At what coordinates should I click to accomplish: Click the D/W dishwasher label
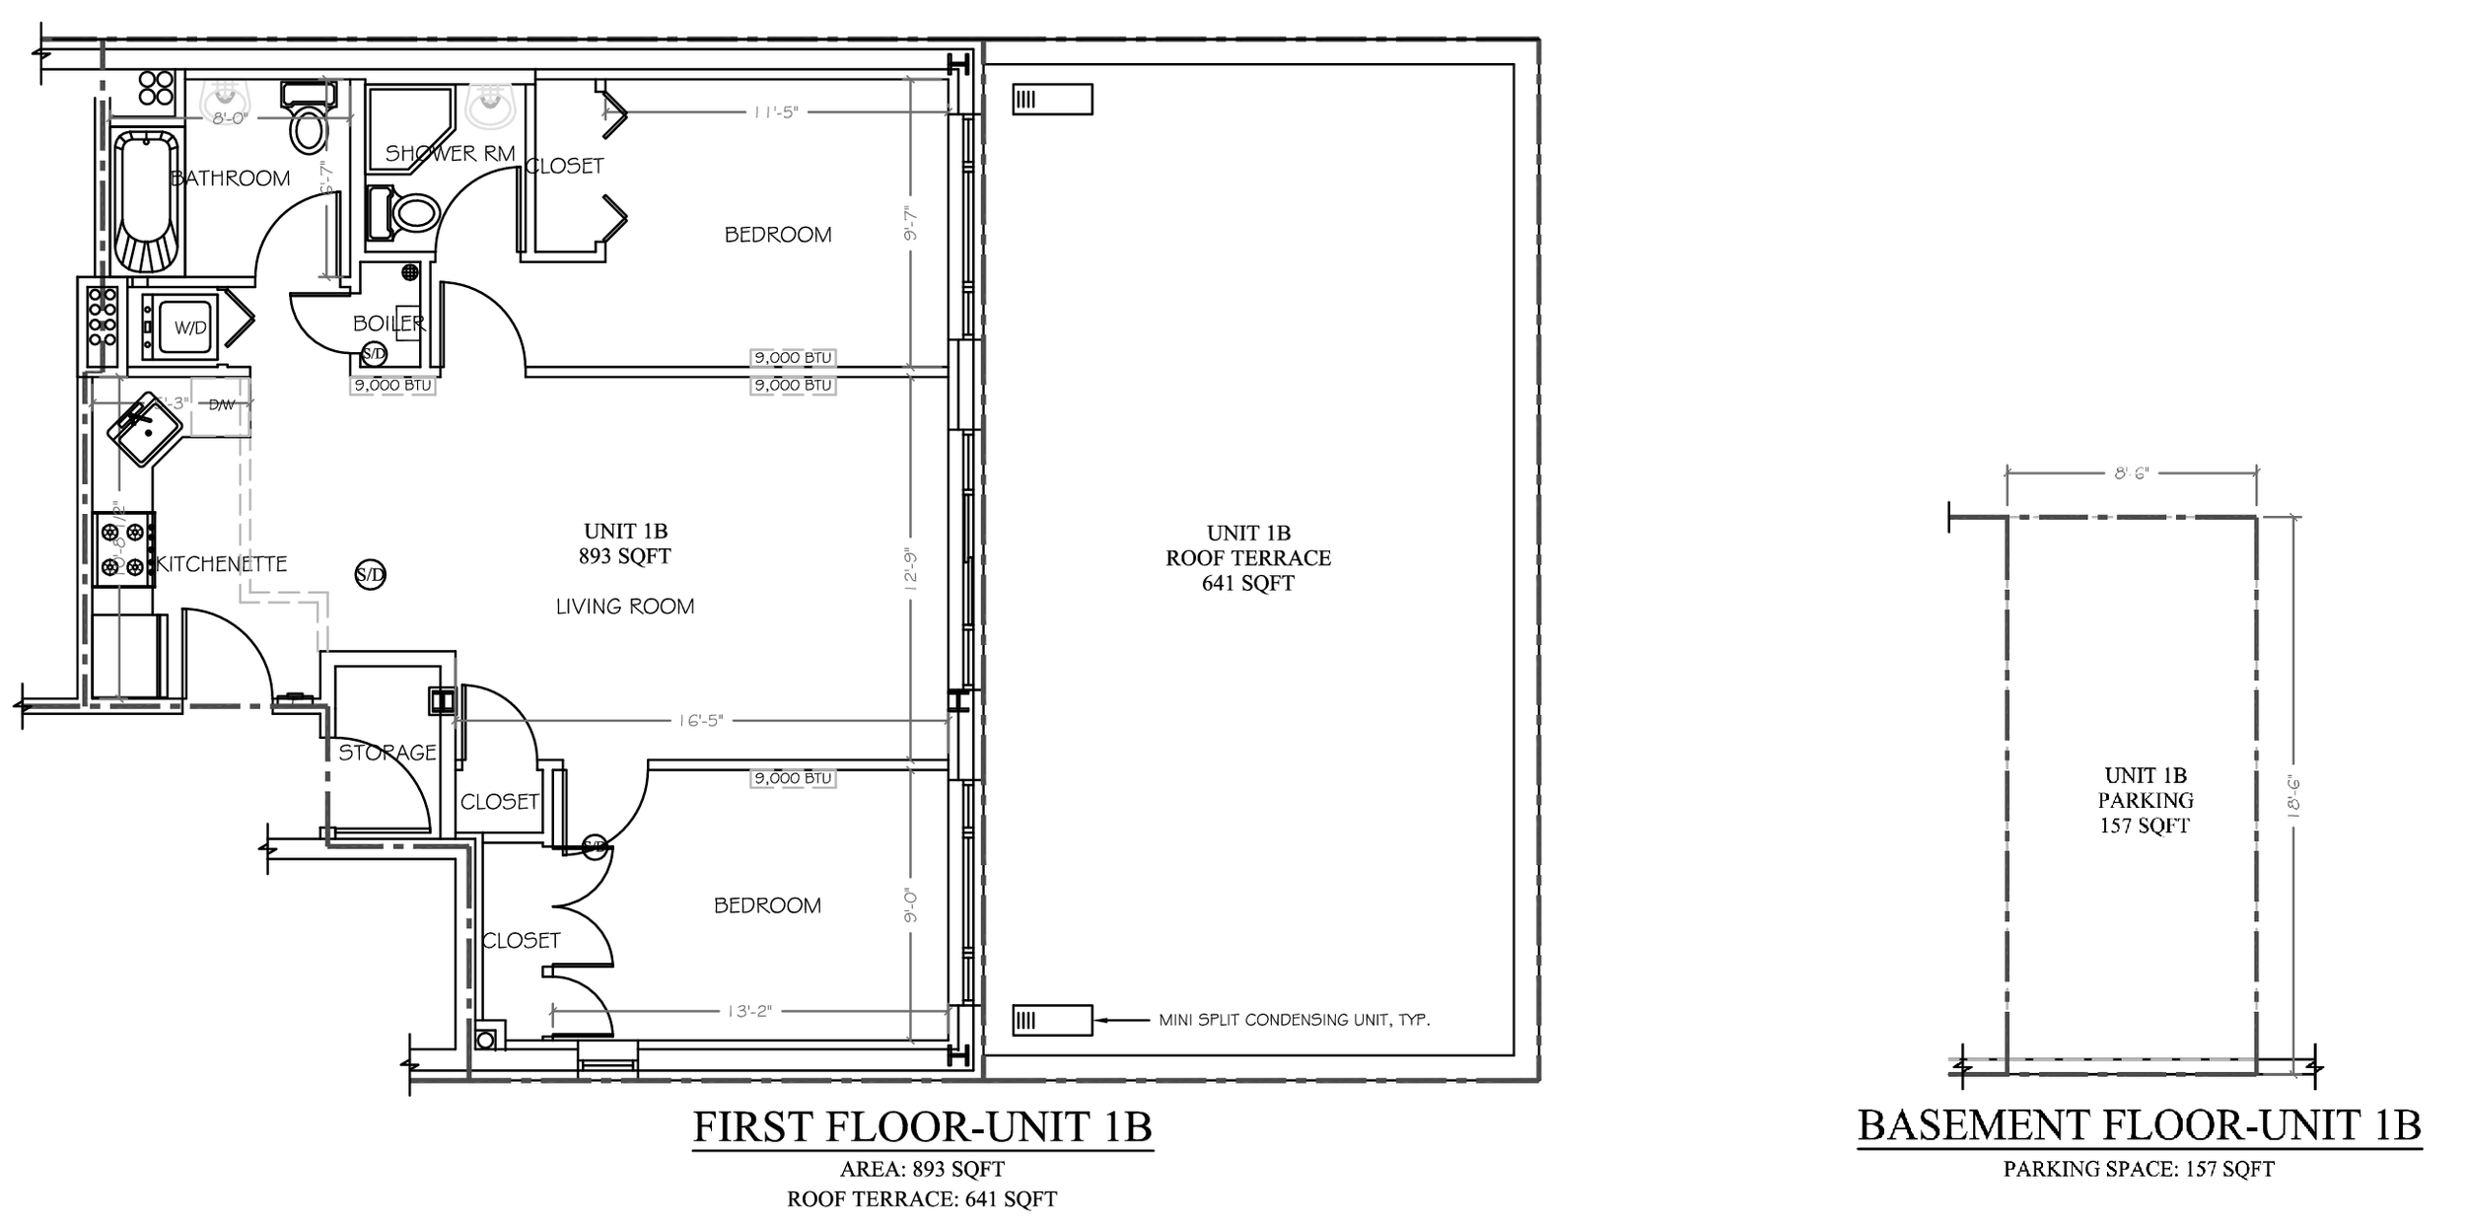[x=222, y=404]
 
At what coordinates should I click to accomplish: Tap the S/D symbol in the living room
[x=370, y=574]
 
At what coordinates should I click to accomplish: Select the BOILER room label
[x=388, y=324]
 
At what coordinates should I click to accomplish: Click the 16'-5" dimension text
[x=700, y=721]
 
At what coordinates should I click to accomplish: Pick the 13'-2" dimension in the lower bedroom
[x=748, y=1011]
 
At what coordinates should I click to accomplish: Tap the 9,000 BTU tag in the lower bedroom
[x=793, y=778]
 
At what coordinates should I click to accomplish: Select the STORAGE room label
[x=387, y=753]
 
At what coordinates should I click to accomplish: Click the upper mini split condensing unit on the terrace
[x=1052, y=100]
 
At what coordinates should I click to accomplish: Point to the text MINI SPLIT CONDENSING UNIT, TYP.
[x=1294, y=1020]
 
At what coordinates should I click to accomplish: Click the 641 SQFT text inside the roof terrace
[x=1247, y=583]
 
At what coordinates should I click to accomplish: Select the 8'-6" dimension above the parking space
[x=2131, y=473]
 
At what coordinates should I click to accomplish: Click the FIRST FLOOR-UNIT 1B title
[x=922, y=1126]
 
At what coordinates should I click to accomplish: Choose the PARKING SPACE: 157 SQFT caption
[x=2139, y=1170]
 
